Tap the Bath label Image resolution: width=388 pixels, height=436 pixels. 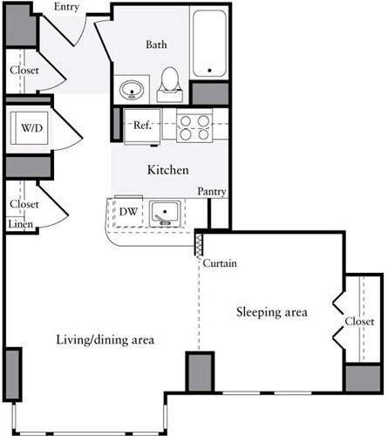point(157,44)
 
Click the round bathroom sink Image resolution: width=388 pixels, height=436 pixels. point(133,89)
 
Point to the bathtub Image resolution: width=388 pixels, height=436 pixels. point(209,44)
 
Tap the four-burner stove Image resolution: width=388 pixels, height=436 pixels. point(194,127)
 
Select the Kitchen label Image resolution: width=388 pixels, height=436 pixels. point(167,170)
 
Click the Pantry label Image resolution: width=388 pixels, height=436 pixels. point(213,191)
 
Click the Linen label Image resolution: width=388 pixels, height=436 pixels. point(21,225)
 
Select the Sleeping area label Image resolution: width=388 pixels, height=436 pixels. point(270,311)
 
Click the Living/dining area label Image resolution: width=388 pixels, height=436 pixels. point(106,339)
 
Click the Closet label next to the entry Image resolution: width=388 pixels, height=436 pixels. point(24,71)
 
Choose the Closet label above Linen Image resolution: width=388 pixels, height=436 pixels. point(24,204)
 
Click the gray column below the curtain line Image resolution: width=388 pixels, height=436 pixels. point(200,373)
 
